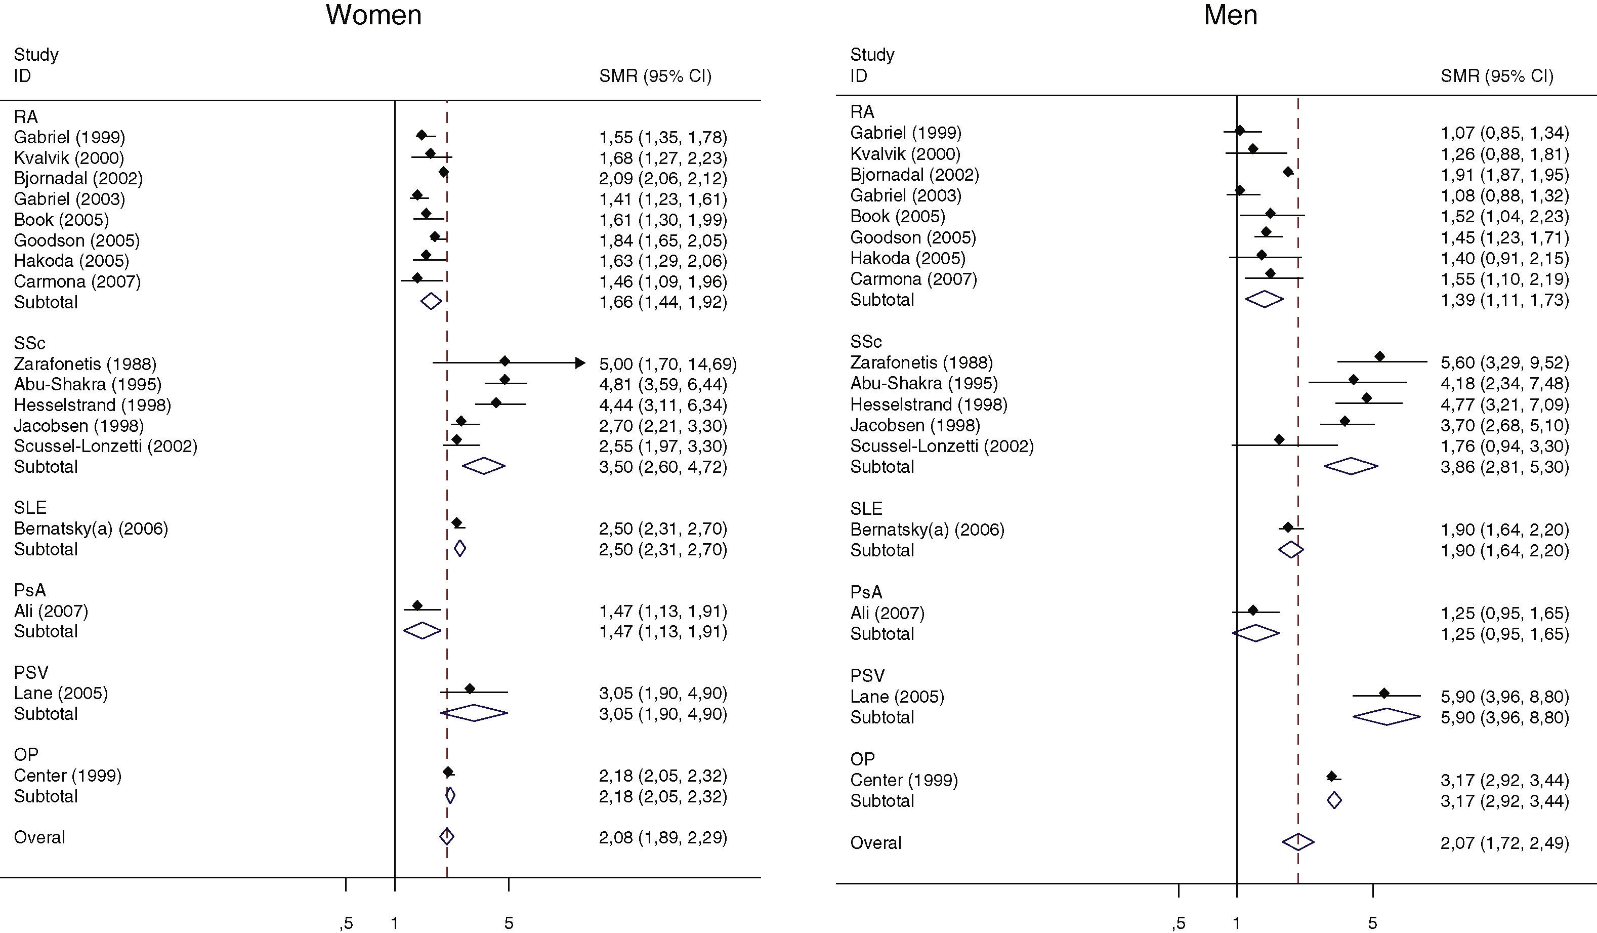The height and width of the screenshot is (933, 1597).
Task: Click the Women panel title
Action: click(373, 15)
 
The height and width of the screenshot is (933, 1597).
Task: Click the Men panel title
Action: click(1230, 15)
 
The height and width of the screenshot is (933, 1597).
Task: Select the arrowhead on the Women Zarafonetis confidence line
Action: click(579, 363)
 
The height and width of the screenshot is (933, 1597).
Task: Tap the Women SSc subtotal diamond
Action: click(484, 466)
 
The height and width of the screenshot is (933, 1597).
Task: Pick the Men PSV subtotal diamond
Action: click(1386, 717)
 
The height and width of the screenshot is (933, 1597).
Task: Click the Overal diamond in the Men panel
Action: click(1298, 842)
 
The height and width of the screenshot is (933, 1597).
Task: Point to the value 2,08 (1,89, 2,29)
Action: click(663, 837)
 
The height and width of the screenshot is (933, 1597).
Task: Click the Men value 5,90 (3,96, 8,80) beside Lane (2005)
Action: click(1504, 697)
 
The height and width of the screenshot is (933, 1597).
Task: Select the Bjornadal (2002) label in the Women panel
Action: click(78, 178)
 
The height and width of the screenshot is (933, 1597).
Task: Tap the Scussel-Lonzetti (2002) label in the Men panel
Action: click(942, 446)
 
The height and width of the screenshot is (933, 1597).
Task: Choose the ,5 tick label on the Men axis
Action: click(1178, 923)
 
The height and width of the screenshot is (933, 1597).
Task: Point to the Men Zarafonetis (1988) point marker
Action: click(1379, 357)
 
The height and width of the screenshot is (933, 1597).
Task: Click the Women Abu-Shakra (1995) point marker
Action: click(505, 380)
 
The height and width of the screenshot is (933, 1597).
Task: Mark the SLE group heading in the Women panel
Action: click(30, 508)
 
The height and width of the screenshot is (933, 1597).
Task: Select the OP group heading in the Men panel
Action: click(862, 759)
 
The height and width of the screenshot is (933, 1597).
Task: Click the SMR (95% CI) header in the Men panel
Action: click(1497, 76)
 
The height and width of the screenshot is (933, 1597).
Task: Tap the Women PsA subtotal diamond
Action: click(422, 631)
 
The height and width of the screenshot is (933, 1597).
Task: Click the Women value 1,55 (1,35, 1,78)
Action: click(663, 137)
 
